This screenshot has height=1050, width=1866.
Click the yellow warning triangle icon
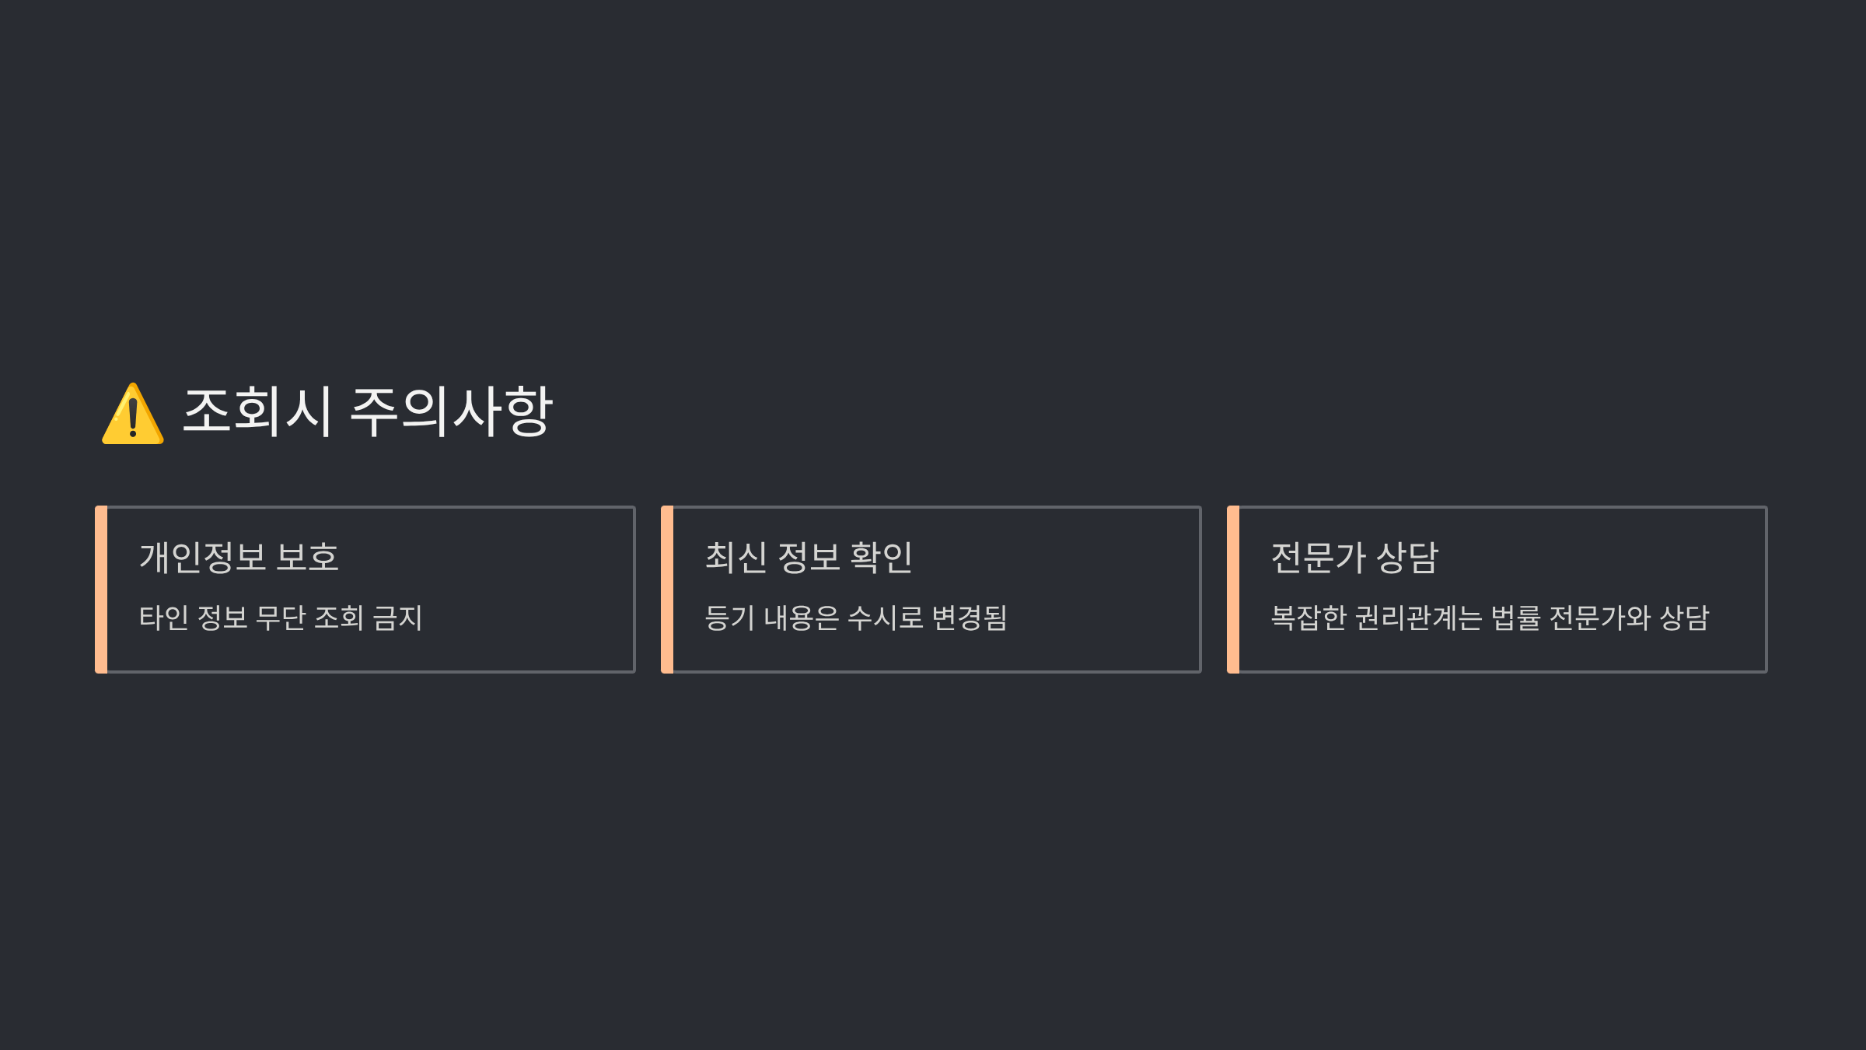(133, 415)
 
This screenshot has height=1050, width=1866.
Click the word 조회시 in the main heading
(257, 411)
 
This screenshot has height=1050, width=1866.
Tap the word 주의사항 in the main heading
(452, 411)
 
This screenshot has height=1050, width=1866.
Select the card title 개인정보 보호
(239, 558)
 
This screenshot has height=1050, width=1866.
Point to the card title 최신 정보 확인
(809, 558)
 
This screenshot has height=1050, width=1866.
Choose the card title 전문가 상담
(1354, 558)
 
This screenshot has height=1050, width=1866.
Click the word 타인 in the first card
(163, 618)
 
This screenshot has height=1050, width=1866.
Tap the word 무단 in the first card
(281, 618)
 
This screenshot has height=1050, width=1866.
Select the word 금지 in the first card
(397, 618)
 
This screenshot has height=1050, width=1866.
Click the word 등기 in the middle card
(729, 618)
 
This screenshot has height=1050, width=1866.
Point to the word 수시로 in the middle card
(886, 618)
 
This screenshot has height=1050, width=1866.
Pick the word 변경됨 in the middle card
(970, 618)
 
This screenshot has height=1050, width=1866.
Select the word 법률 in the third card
(1516, 618)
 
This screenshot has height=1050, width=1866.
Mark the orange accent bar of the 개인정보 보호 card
(101, 590)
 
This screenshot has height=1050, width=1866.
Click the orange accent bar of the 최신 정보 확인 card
(667, 590)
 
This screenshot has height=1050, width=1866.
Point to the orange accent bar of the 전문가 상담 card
(1233, 590)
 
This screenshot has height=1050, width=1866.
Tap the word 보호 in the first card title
(308, 558)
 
